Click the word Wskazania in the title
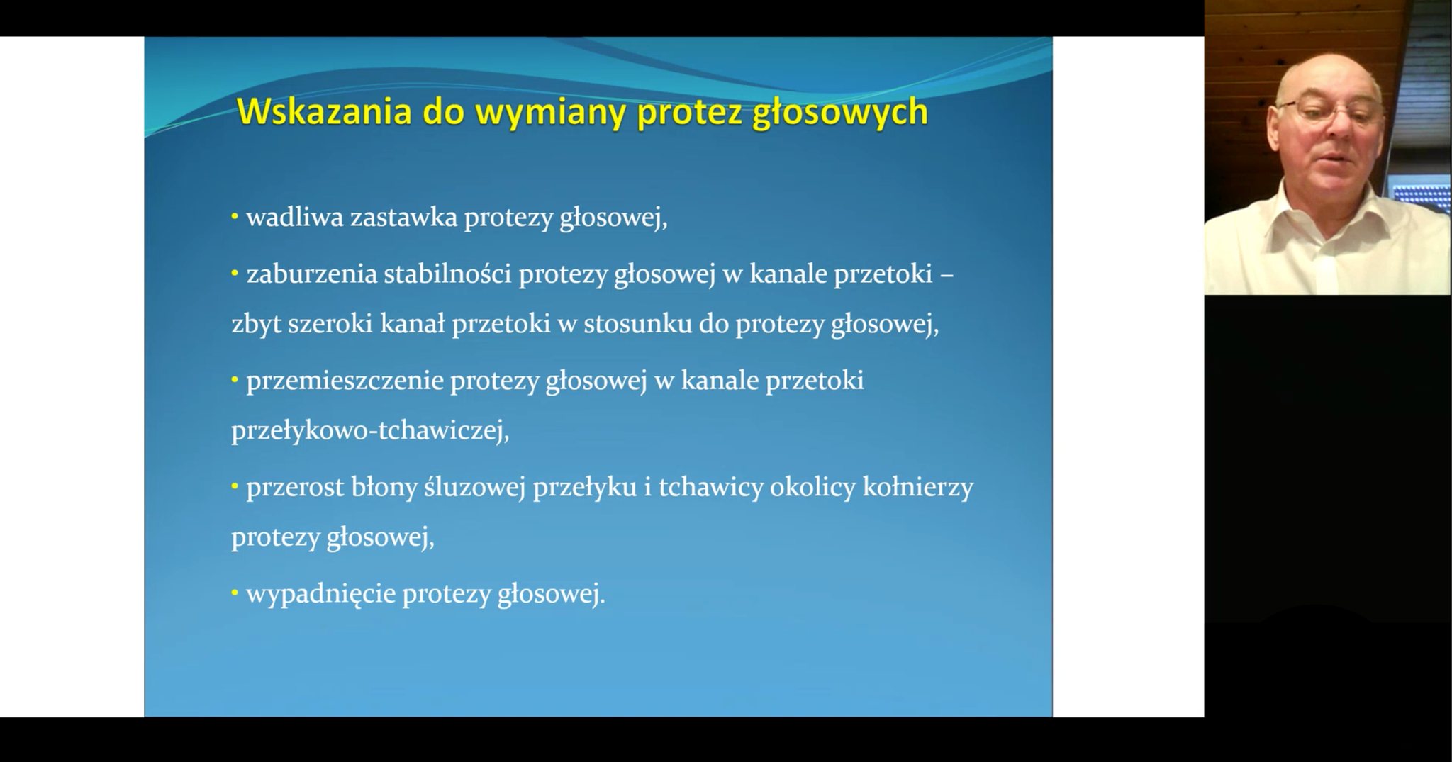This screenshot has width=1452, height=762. [x=324, y=111]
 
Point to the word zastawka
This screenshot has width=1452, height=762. [x=403, y=218]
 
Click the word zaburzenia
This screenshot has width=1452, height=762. [x=311, y=274]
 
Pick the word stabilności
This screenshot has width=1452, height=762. [x=447, y=274]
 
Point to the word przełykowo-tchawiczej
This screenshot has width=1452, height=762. [x=370, y=431]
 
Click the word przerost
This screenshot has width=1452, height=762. [x=295, y=488]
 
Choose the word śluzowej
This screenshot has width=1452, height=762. [x=475, y=488]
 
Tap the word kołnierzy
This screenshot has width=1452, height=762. [x=918, y=488]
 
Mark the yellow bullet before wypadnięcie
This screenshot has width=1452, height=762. [x=235, y=590]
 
